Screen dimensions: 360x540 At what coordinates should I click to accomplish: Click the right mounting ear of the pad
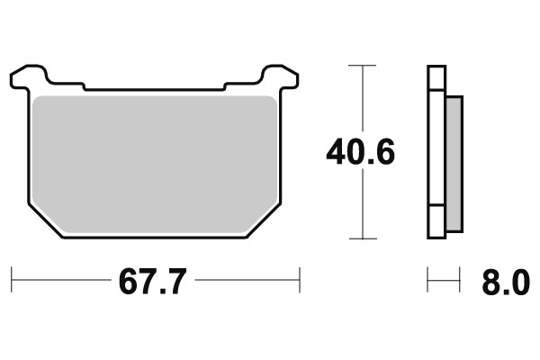tap(279, 76)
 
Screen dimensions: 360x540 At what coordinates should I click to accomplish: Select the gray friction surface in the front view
tap(153, 162)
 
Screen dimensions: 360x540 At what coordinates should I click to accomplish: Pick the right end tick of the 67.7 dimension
tap(299, 281)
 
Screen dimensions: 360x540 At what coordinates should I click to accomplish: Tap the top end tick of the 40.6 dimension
tap(361, 66)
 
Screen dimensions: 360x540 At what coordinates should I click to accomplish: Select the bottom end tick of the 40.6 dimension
tap(361, 238)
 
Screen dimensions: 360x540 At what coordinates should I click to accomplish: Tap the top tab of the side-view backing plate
tap(436, 78)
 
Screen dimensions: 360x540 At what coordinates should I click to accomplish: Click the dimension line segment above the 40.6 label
tap(361, 99)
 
